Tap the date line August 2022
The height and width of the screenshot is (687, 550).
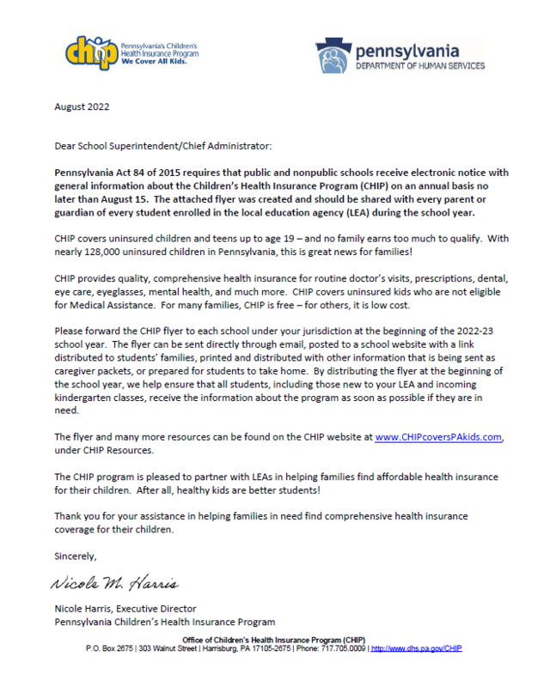[82, 107]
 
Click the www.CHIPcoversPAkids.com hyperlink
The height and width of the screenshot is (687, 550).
[438, 437]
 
